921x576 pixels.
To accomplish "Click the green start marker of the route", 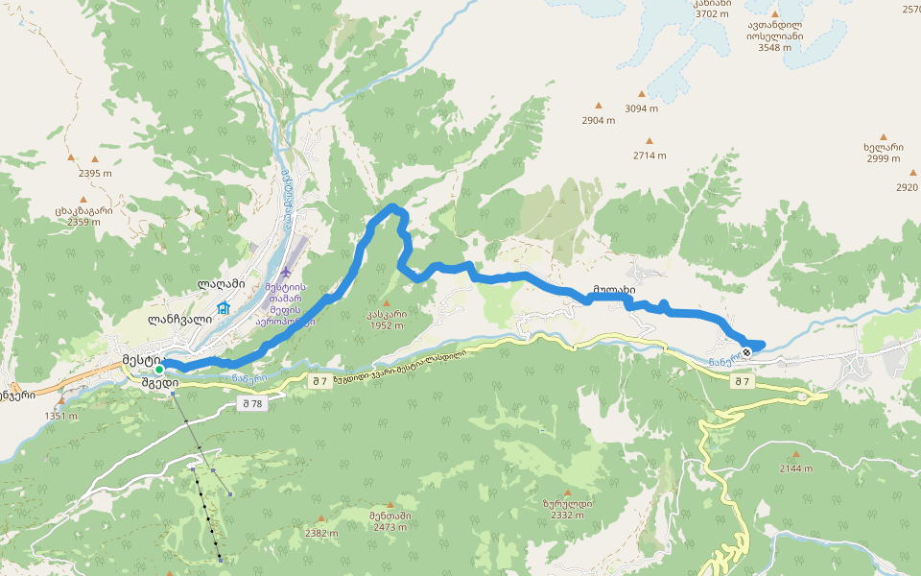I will click(x=159, y=369).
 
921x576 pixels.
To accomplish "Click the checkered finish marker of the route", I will click(x=746, y=352).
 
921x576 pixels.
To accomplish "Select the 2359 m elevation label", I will click(x=84, y=223).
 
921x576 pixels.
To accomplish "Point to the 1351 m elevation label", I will click(x=59, y=416).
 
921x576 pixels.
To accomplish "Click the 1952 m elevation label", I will click(x=386, y=325).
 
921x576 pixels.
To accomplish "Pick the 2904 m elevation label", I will click(x=598, y=121).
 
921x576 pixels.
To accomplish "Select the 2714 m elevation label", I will click(x=649, y=156).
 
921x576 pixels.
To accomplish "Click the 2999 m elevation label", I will click(x=883, y=158).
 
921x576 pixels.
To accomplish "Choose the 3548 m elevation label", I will click(x=774, y=47).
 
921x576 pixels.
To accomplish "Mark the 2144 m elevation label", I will click(x=796, y=468).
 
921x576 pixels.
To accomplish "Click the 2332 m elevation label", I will click(x=567, y=516).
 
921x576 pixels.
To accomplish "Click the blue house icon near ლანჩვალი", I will click(x=224, y=308).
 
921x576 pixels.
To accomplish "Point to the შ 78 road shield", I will click(x=251, y=404).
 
